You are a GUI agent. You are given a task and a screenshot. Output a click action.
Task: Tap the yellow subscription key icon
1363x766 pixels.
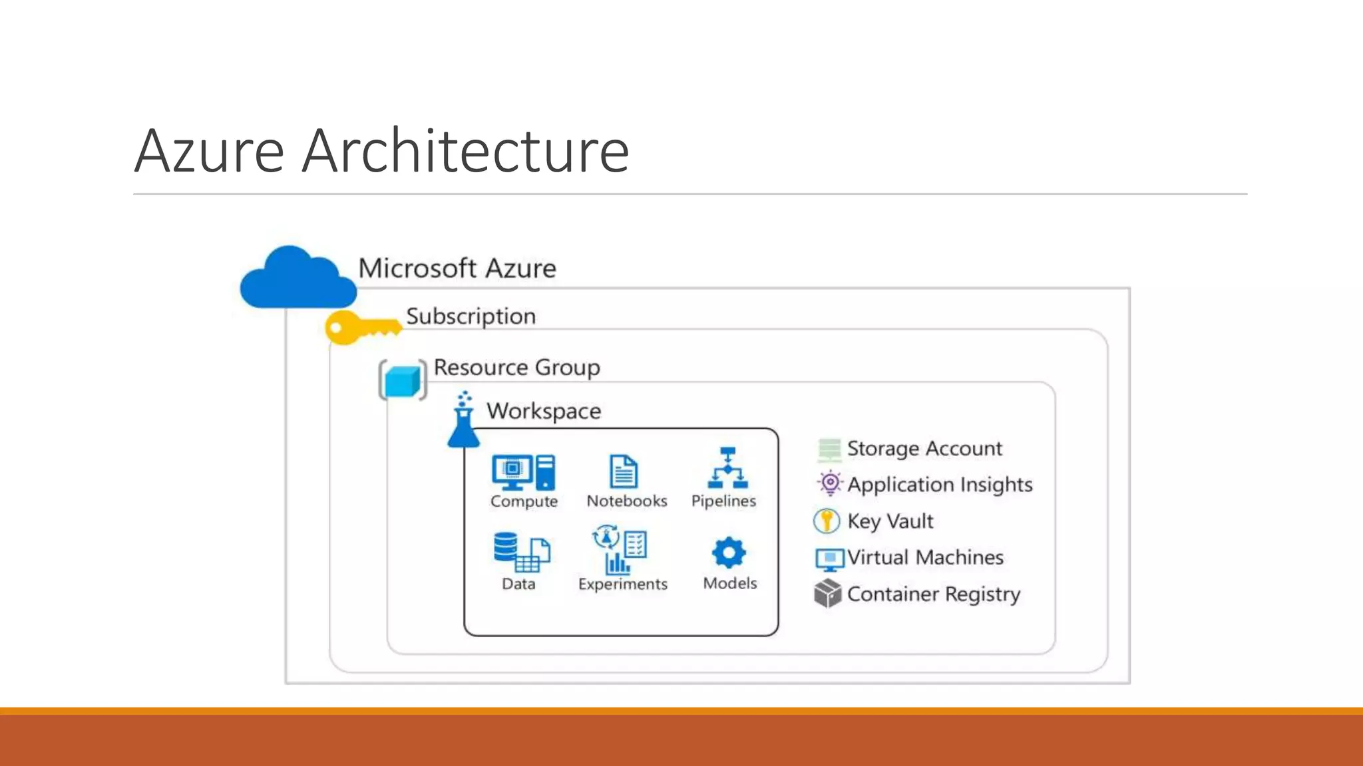click(361, 327)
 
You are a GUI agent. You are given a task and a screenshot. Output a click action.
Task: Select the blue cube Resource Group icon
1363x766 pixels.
click(402, 381)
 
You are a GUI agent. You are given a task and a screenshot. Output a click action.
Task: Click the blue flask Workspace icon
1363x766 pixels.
click(464, 422)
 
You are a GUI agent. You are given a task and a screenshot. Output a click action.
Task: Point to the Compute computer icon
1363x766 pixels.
click(523, 472)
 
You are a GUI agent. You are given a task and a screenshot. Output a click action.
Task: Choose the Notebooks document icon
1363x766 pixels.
click(624, 471)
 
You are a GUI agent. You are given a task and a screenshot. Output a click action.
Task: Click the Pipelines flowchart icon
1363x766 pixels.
click(727, 468)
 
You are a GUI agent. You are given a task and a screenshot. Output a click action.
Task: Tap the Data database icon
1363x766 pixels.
click(521, 552)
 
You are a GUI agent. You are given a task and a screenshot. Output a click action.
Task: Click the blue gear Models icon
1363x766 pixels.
click(729, 553)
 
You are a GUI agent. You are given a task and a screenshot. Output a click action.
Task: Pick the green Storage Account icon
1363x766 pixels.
click(829, 449)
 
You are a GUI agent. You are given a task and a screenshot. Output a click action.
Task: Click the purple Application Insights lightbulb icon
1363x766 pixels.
click(830, 483)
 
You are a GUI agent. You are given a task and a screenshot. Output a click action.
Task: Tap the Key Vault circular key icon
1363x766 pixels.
click(827, 521)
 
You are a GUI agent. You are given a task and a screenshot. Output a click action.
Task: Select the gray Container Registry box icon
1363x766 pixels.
click(828, 593)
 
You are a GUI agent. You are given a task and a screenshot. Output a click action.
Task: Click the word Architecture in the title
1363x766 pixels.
click(465, 152)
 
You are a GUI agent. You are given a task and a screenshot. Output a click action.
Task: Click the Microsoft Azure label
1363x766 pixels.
click(457, 269)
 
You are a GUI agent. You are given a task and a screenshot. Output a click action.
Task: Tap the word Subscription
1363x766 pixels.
click(471, 317)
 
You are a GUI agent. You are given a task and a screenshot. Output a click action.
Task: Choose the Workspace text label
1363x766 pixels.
click(544, 411)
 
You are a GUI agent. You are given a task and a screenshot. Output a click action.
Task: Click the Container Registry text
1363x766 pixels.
click(933, 594)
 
